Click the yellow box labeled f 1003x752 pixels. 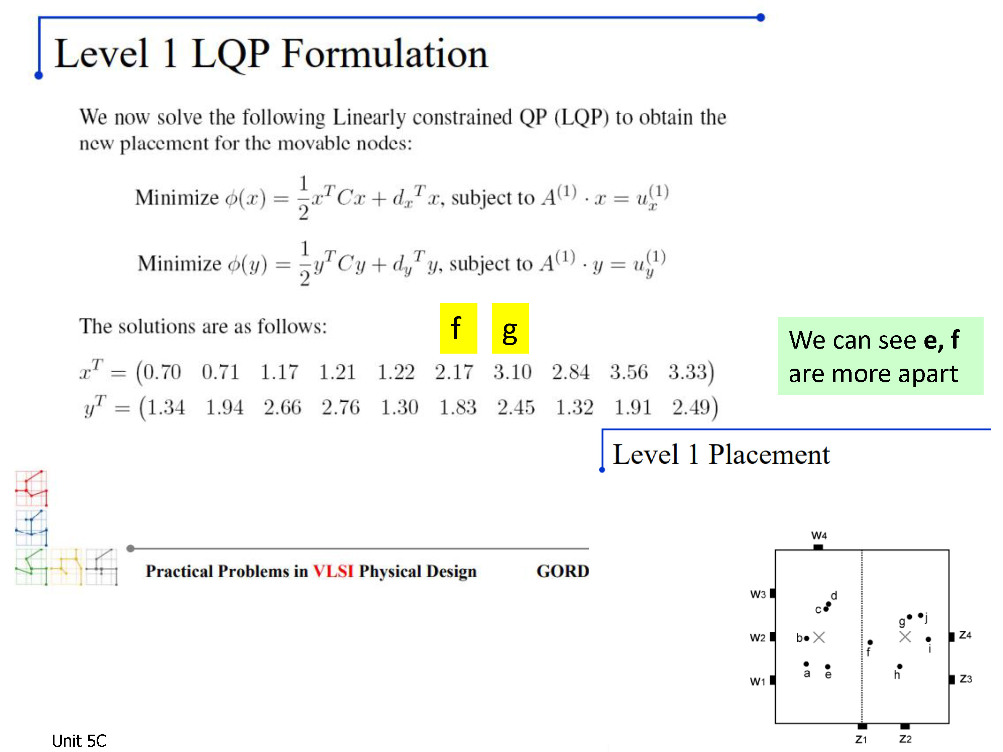(x=458, y=328)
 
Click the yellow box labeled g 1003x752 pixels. (x=511, y=328)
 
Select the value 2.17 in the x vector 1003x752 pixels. (x=454, y=372)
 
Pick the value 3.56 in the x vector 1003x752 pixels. (x=629, y=372)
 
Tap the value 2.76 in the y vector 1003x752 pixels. (x=341, y=407)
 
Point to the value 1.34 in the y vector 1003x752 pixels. (x=166, y=407)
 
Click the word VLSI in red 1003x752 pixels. (x=333, y=571)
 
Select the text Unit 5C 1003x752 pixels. (x=79, y=741)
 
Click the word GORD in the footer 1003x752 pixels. (x=563, y=571)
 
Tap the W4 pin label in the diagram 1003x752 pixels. (x=819, y=535)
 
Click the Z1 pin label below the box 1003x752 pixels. (x=861, y=739)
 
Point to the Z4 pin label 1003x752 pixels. (x=965, y=635)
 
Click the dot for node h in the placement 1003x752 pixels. (x=900, y=666)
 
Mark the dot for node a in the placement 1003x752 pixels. (x=806, y=664)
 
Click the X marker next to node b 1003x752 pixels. (x=819, y=638)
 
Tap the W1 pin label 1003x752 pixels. (x=757, y=681)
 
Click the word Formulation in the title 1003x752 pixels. (x=384, y=54)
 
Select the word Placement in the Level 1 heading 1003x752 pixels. (x=769, y=454)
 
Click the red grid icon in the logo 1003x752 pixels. (x=31, y=488)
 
